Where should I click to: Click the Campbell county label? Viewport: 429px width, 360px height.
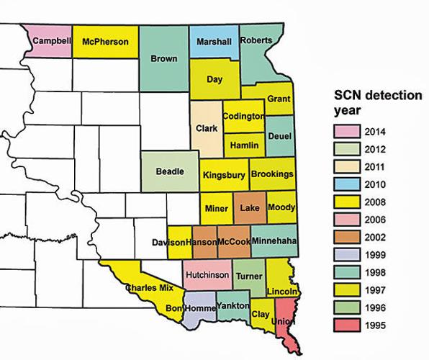pyautogui.click(x=52, y=41)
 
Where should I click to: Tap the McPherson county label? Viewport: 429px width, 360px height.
pyautogui.click(x=107, y=41)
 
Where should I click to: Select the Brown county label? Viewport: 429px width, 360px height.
pyautogui.click(x=163, y=58)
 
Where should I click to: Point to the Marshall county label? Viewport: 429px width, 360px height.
pyautogui.click(x=214, y=42)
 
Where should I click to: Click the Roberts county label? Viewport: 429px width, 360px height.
pyautogui.click(x=255, y=40)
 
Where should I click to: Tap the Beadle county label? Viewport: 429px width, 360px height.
pyautogui.click(x=171, y=171)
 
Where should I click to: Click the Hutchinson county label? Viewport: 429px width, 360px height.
pyautogui.click(x=207, y=274)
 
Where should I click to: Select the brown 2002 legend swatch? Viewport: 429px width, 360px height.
pyautogui.click(x=345, y=238)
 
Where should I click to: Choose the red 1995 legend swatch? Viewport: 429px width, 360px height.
pyautogui.click(x=345, y=325)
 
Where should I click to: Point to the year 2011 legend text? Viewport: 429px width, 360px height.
pyautogui.click(x=376, y=167)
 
